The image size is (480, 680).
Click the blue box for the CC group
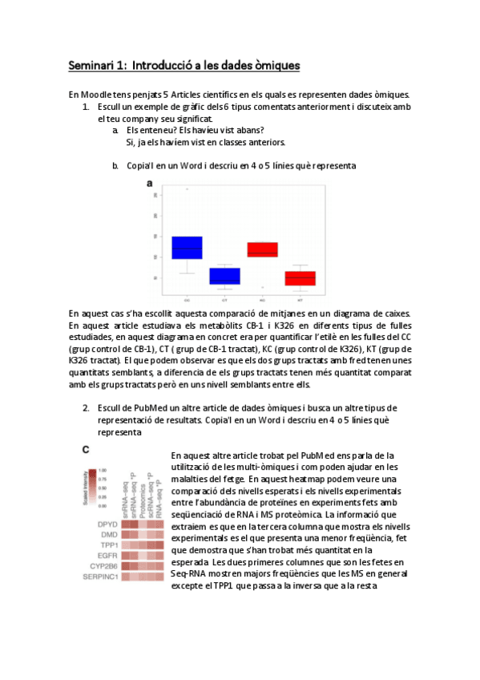tap(187, 248)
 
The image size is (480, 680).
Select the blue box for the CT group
tap(225, 277)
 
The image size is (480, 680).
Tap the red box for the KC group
tap(262, 249)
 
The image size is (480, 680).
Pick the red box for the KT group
tap(300, 278)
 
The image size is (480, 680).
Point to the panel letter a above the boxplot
tap(149, 184)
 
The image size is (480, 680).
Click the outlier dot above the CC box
tap(188, 189)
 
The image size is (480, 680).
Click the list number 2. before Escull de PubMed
tap(86, 407)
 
